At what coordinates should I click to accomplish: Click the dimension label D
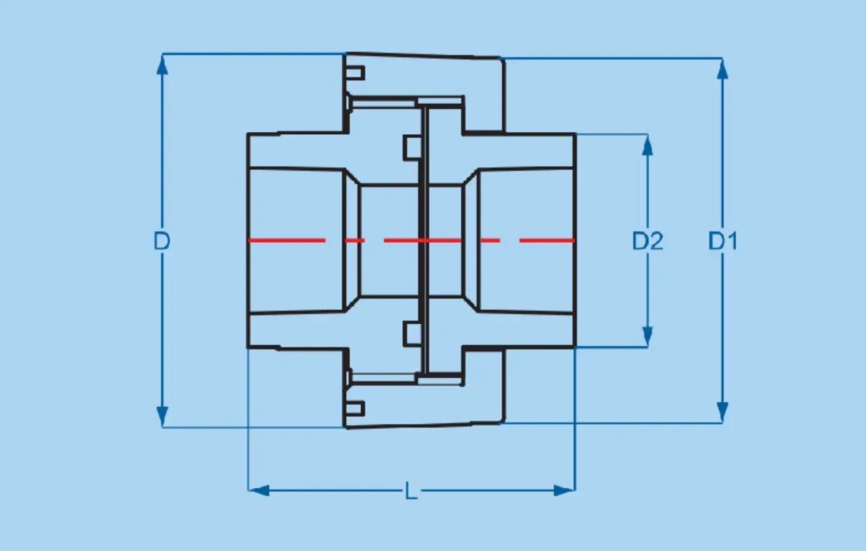[161, 241]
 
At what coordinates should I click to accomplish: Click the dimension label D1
[723, 241]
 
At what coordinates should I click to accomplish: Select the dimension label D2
[647, 241]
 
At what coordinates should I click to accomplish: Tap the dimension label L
[411, 491]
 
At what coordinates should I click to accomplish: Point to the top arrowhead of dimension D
[162, 65]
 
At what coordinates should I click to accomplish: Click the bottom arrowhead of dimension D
[162, 417]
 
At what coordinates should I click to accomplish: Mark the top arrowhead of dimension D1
[722, 69]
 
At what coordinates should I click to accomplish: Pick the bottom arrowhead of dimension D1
[722, 412]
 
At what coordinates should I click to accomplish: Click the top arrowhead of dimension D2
[647, 145]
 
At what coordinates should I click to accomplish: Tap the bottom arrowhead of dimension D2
[647, 337]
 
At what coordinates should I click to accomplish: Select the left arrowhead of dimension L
[259, 491]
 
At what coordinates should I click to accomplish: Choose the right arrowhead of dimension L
[564, 491]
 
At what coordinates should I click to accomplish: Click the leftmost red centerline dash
[287, 240]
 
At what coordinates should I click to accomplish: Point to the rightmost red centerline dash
[547, 240]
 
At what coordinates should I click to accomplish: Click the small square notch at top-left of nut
[355, 73]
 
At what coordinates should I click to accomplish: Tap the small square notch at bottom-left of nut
[355, 409]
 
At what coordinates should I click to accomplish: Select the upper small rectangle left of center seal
[412, 148]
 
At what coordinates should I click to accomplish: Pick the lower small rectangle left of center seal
[412, 334]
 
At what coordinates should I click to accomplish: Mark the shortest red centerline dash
[354, 240]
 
